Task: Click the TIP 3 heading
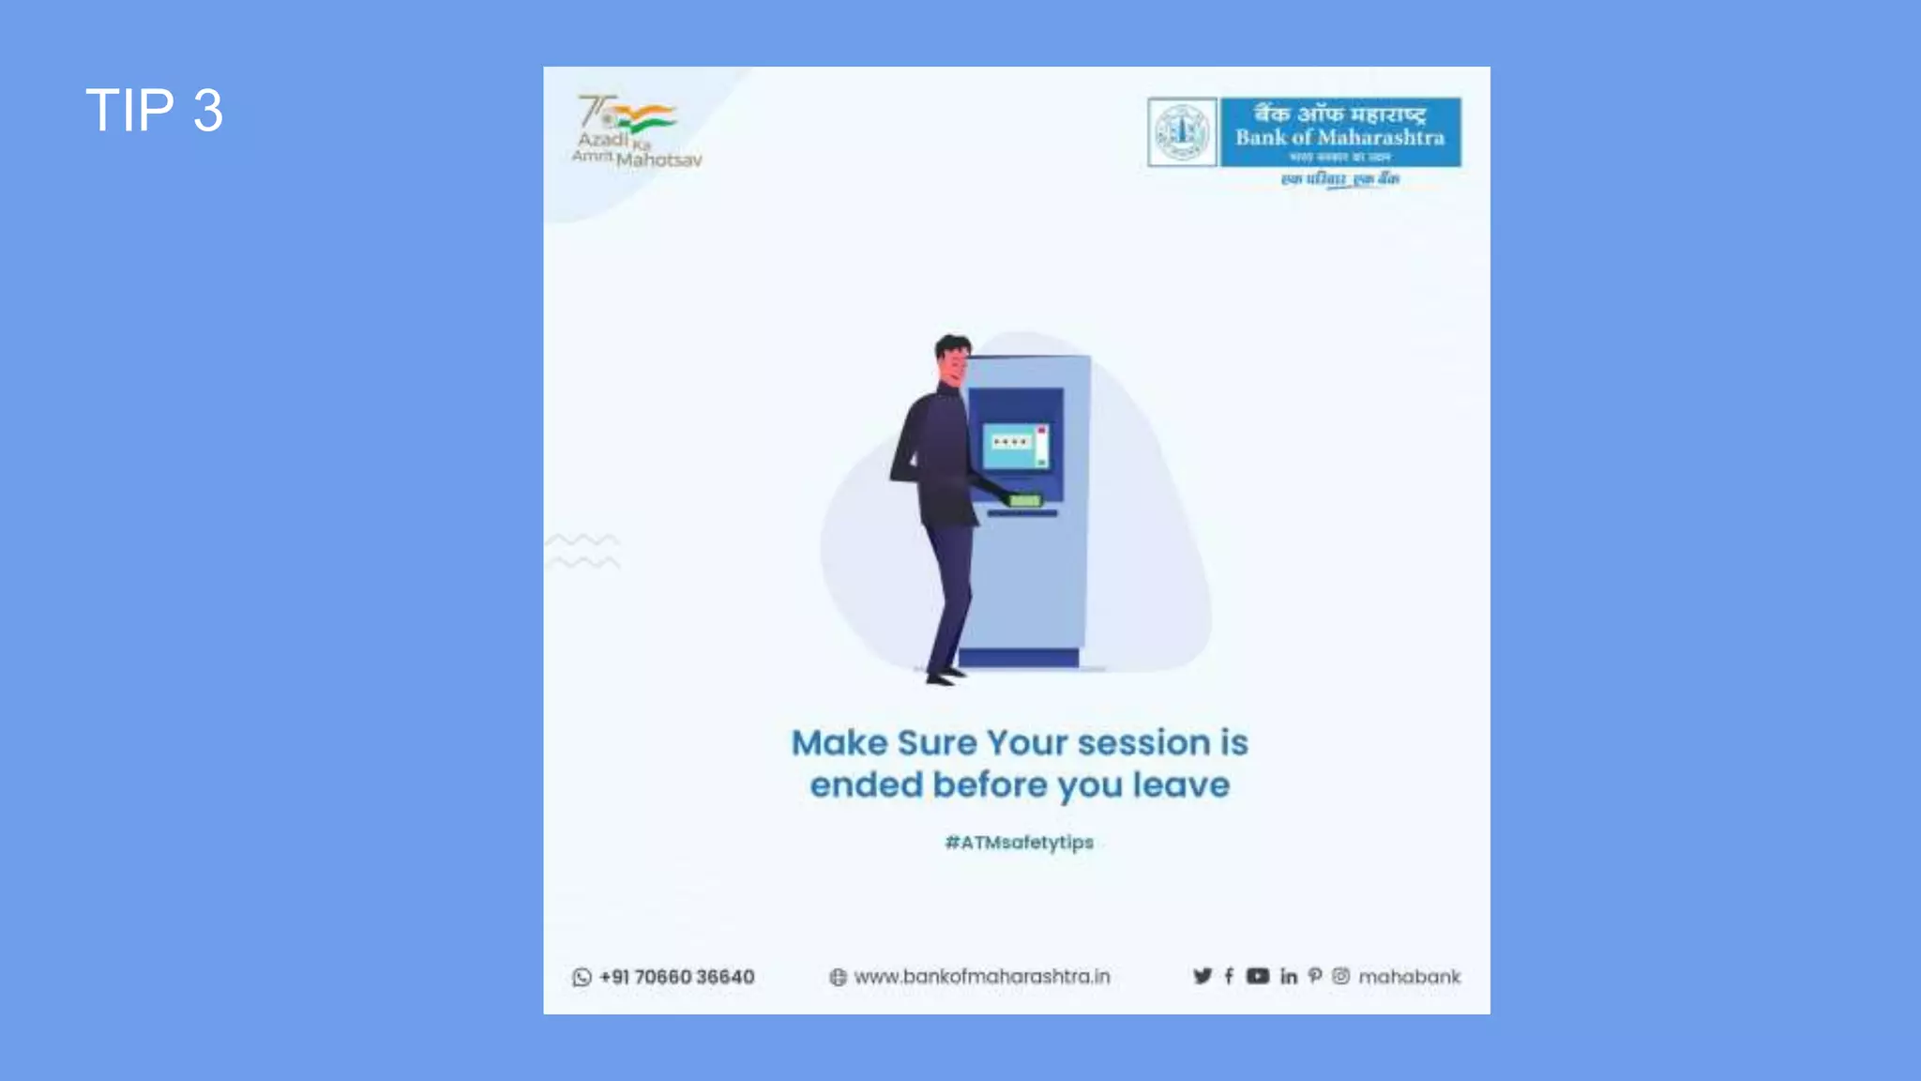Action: tap(154, 110)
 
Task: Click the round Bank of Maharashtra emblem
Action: tap(1182, 132)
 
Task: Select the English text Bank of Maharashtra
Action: tap(1339, 138)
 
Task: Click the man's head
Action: tap(953, 358)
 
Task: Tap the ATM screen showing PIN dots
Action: tap(1015, 445)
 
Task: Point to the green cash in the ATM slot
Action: tap(1025, 500)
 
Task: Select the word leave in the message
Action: tap(1181, 785)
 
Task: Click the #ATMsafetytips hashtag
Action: tap(1019, 843)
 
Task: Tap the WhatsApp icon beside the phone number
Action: tap(582, 977)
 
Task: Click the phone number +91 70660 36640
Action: tap(677, 977)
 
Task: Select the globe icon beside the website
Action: tap(838, 977)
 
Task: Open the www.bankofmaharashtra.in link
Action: tap(982, 977)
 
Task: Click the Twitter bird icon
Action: tap(1202, 976)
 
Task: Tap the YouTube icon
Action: tap(1257, 976)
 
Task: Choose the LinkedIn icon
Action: tap(1289, 976)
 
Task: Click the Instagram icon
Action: tap(1340, 976)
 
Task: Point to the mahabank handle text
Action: tap(1409, 977)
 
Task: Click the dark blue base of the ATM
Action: tap(1018, 658)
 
